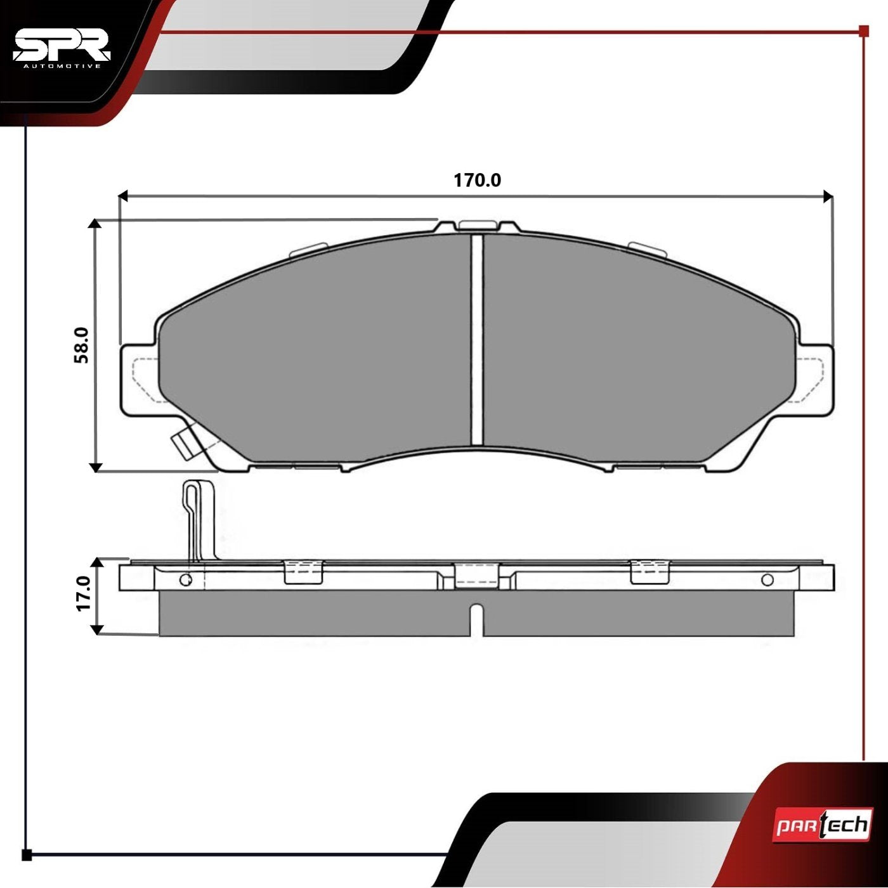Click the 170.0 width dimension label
(x=477, y=181)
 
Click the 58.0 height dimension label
(x=82, y=345)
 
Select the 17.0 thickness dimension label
(x=83, y=594)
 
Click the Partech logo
(x=821, y=826)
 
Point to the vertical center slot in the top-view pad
(x=477, y=340)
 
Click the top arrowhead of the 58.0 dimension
(x=95, y=224)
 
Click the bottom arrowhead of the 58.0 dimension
(x=95, y=467)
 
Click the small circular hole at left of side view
(x=185, y=580)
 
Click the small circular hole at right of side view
(x=767, y=579)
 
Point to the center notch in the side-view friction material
(x=477, y=618)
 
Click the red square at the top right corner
(x=863, y=30)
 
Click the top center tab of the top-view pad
(x=478, y=226)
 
